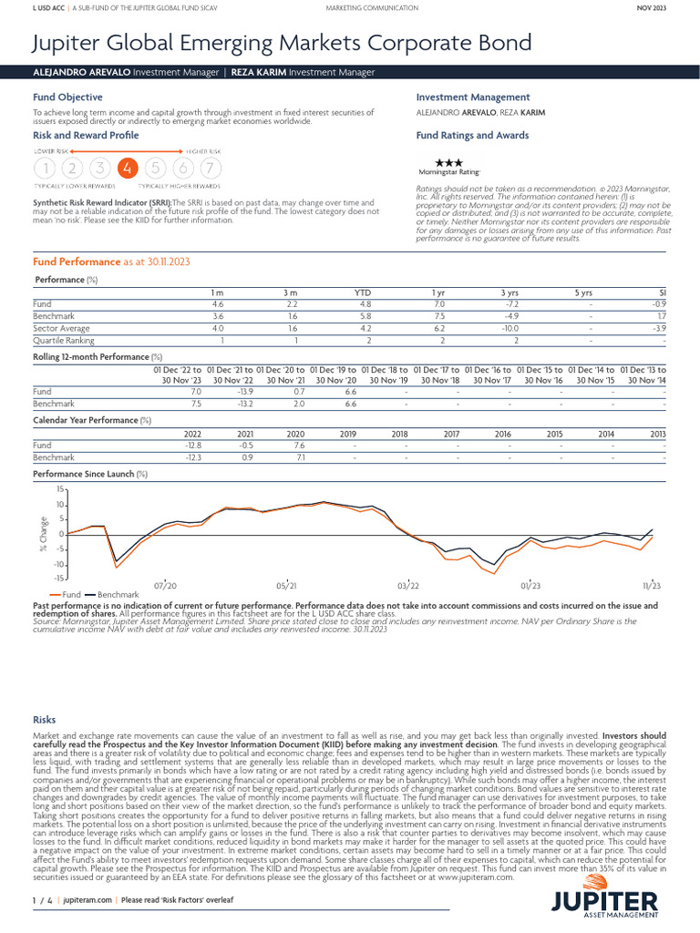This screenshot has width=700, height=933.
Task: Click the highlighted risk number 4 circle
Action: [128, 168]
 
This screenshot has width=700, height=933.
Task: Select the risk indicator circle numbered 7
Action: [211, 168]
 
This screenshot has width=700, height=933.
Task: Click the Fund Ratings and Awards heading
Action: [472, 135]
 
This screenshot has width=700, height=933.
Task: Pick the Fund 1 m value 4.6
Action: [218, 303]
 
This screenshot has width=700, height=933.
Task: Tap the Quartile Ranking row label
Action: [61, 340]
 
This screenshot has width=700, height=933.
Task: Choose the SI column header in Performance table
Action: [663, 292]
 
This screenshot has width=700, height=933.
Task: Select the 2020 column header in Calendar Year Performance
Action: [295, 435]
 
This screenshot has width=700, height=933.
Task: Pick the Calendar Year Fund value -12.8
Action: [192, 446]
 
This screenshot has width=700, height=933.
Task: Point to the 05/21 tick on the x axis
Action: [286, 585]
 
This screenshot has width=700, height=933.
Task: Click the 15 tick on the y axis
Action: [59, 490]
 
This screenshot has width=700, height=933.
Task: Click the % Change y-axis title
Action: [43, 533]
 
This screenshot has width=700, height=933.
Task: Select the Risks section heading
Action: [44, 720]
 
